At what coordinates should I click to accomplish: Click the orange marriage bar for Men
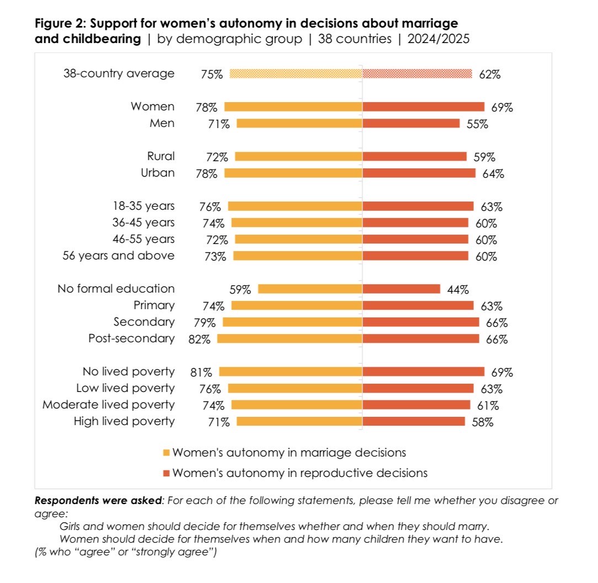[x=299, y=124]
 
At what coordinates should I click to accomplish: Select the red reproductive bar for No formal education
[x=401, y=289]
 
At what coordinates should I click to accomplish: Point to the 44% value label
[x=458, y=289]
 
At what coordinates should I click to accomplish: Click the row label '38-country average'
[x=119, y=73]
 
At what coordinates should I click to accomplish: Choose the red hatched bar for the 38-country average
[x=417, y=73]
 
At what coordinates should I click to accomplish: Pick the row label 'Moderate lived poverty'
[x=109, y=405]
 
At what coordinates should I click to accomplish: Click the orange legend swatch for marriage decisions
[x=167, y=453]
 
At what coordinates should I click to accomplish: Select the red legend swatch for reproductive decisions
[x=167, y=473]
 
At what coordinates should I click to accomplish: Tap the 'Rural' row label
[x=161, y=156]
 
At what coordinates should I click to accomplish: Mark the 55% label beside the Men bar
[x=477, y=124]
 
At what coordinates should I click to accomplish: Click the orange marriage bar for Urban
[x=293, y=173]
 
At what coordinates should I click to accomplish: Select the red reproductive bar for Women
[x=423, y=107]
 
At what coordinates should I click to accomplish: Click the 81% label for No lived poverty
[x=201, y=373]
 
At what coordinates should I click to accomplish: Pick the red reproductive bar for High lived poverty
[x=414, y=422]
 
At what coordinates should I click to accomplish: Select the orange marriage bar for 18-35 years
[x=295, y=206]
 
